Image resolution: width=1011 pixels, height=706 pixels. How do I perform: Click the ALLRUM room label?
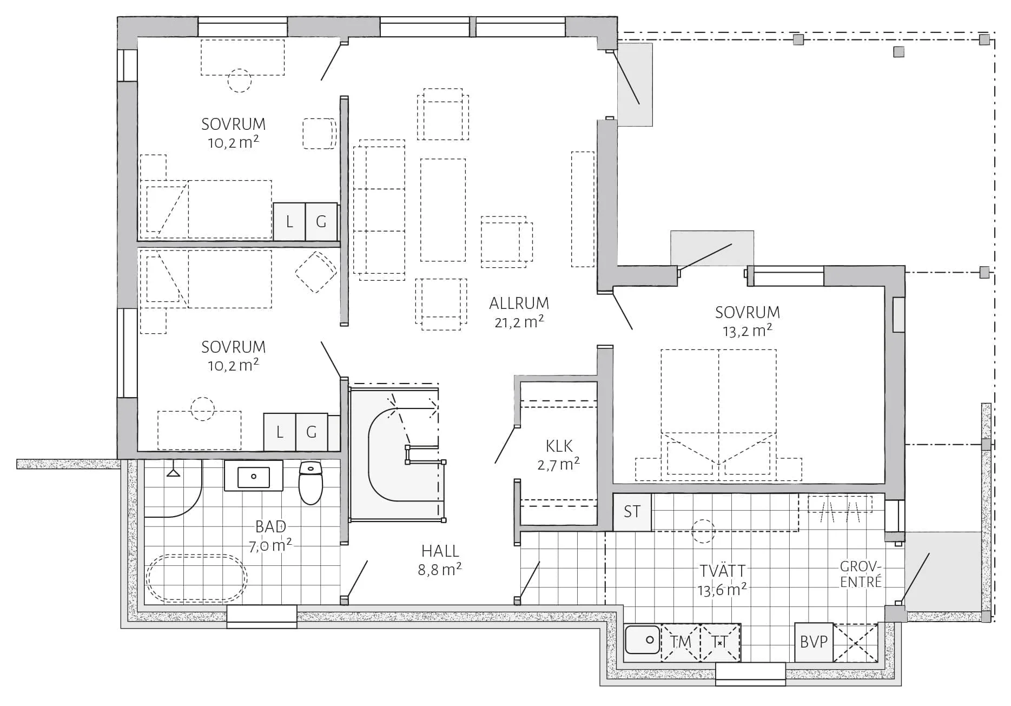click(519, 303)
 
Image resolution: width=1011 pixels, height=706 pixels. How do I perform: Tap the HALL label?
click(440, 551)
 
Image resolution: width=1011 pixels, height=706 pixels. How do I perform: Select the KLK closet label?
click(559, 446)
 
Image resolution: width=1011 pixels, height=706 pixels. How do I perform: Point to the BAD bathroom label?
click(270, 526)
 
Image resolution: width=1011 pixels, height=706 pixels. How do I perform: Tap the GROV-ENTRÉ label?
click(861, 574)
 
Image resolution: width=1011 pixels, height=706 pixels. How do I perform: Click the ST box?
click(632, 512)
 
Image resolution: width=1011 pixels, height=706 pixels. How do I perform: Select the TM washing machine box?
click(680, 642)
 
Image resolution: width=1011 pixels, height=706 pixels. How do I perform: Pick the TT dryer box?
click(720, 642)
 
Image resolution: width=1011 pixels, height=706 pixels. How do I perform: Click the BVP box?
click(814, 642)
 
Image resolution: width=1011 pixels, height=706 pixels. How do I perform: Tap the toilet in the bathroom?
click(310, 483)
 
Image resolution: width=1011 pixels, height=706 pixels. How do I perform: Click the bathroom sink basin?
click(253, 477)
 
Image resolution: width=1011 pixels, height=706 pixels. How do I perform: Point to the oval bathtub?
click(196, 577)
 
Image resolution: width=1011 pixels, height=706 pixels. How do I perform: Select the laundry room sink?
click(643, 642)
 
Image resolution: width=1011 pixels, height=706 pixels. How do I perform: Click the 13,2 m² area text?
click(748, 331)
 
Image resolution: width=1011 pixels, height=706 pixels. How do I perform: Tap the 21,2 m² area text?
click(519, 322)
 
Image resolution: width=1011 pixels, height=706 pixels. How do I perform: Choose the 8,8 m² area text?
click(440, 569)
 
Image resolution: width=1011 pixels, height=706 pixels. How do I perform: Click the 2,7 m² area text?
click(559, 464)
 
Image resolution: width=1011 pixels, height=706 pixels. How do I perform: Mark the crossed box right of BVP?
click(855, 642)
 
